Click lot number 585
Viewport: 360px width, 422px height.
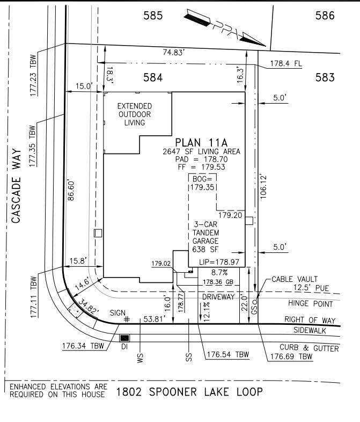[153, 16]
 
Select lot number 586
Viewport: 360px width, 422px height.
[325, 16]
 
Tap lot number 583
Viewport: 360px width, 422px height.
[325, 77]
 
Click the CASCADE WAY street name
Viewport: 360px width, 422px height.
[17, 185]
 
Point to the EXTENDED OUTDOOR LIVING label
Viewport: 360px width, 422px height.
[135, 114]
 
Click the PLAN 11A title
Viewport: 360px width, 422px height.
[201, 142]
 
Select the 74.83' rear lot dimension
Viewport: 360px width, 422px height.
[174, 52]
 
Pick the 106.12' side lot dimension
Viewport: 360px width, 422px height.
[263, 187]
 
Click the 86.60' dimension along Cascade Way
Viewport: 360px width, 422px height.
[71, 190]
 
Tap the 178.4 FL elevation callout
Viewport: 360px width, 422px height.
[286, 63]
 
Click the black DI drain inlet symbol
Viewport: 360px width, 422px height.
[124, 338]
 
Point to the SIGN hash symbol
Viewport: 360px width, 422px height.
[127, 319]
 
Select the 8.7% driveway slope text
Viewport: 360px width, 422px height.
[219, 273]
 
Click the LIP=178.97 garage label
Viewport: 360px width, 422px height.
[219, 262]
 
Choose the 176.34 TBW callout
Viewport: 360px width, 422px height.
[83, 346]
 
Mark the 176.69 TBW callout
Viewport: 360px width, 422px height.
[291, 356]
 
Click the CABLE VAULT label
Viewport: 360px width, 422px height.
[295, 279]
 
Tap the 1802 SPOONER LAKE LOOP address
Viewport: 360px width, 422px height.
[189, 392]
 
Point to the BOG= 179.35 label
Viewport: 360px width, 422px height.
[202, 183]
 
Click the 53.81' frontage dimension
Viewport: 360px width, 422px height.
[155, 319]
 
